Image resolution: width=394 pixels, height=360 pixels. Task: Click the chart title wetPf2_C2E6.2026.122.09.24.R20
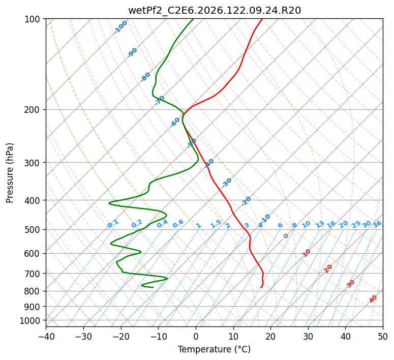point(215,11)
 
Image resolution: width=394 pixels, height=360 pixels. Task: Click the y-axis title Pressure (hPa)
point(9,173)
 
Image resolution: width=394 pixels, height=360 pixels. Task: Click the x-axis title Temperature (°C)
point(215,349)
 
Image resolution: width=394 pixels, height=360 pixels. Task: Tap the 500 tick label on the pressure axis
point(34,230)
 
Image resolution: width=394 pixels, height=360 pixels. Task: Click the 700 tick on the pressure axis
point(34,274)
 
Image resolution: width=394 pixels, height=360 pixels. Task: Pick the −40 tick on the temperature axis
point(46,336)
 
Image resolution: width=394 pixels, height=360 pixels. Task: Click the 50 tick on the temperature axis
point(383,336)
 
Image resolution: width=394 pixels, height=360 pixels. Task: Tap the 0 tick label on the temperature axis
point(196,336)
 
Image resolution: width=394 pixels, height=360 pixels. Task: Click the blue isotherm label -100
point(120,27)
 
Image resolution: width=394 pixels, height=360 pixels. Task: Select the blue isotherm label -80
point(145,77)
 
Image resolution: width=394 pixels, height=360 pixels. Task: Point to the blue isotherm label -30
point(226,183)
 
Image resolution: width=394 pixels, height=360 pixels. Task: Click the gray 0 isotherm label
point(286,236)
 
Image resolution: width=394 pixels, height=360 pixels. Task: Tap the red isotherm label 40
point(373,299)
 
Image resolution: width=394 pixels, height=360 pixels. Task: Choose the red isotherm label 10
point(307,253)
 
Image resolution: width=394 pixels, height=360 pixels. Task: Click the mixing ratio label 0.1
point(113,224)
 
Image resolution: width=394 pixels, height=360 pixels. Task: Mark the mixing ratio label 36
point(377,224)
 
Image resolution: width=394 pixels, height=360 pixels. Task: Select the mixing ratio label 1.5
point(216,224)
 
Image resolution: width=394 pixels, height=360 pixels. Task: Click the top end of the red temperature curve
point(262,19)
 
